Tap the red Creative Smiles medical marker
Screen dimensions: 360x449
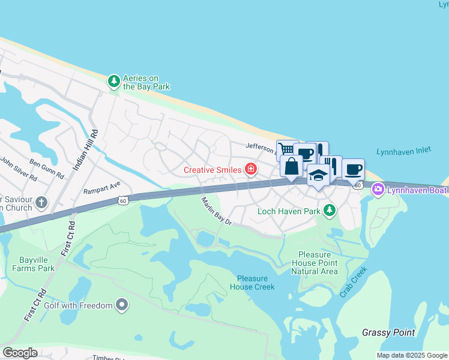click(x=250, y=170)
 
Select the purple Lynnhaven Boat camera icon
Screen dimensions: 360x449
click(x=378, y=190)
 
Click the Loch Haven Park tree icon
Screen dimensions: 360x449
click(x=328, y=211)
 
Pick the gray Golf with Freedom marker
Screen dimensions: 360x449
click(x=122, y=305)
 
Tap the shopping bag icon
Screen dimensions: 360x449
click(x=291, y=166)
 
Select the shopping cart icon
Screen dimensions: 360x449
click(x=287, y=148)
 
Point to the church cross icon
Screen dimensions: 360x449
click(x=41, y=202)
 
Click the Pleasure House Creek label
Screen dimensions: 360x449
click(x=256, y=283)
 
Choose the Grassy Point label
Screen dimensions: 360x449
click(x=389, y=332)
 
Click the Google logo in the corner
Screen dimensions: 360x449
click(x=20, y=353)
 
